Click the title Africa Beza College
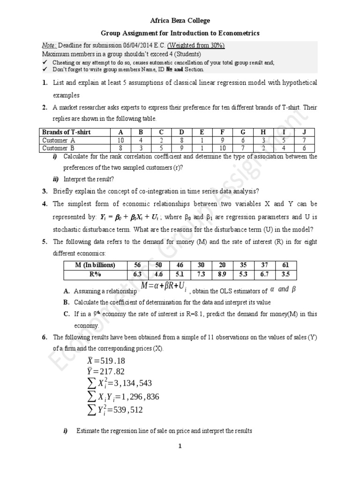[x=180, y=21]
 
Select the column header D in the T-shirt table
[x=181, y=132]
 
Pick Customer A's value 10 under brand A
[x=120, y=140]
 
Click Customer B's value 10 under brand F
[x=222, y=148]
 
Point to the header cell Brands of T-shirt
[x=66, y=132]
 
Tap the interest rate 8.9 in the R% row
[x=222, y=274]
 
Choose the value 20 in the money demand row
[x=222, y=265]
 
